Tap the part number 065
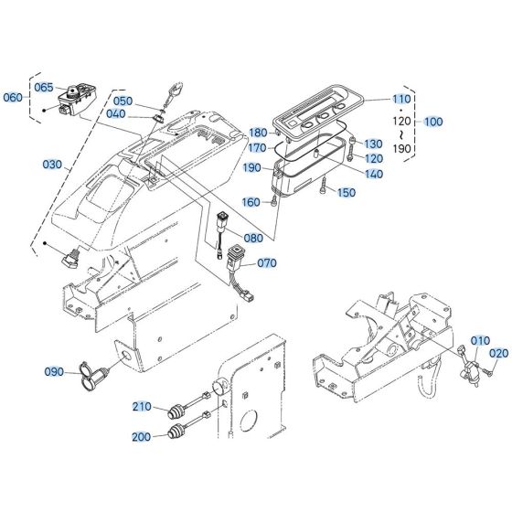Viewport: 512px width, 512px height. (x=44, y=87)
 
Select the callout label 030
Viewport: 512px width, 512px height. (x=53, y=165)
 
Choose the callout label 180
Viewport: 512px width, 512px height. (x=259, y=133)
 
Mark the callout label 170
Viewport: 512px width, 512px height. (x=259, y=147)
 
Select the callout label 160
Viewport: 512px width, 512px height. (x=251, y=202)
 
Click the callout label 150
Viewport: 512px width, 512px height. (x=347, y=193)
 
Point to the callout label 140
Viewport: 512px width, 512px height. (x=374, y=174)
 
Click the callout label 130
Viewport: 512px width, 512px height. (x=374, y=144)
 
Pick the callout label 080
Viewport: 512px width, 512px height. (x=252, y=239)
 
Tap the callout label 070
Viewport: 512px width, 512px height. (x=266, y=263)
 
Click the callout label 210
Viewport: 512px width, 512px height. (x=142, y=406)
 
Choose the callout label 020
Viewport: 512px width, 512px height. (x=498, y=353)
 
